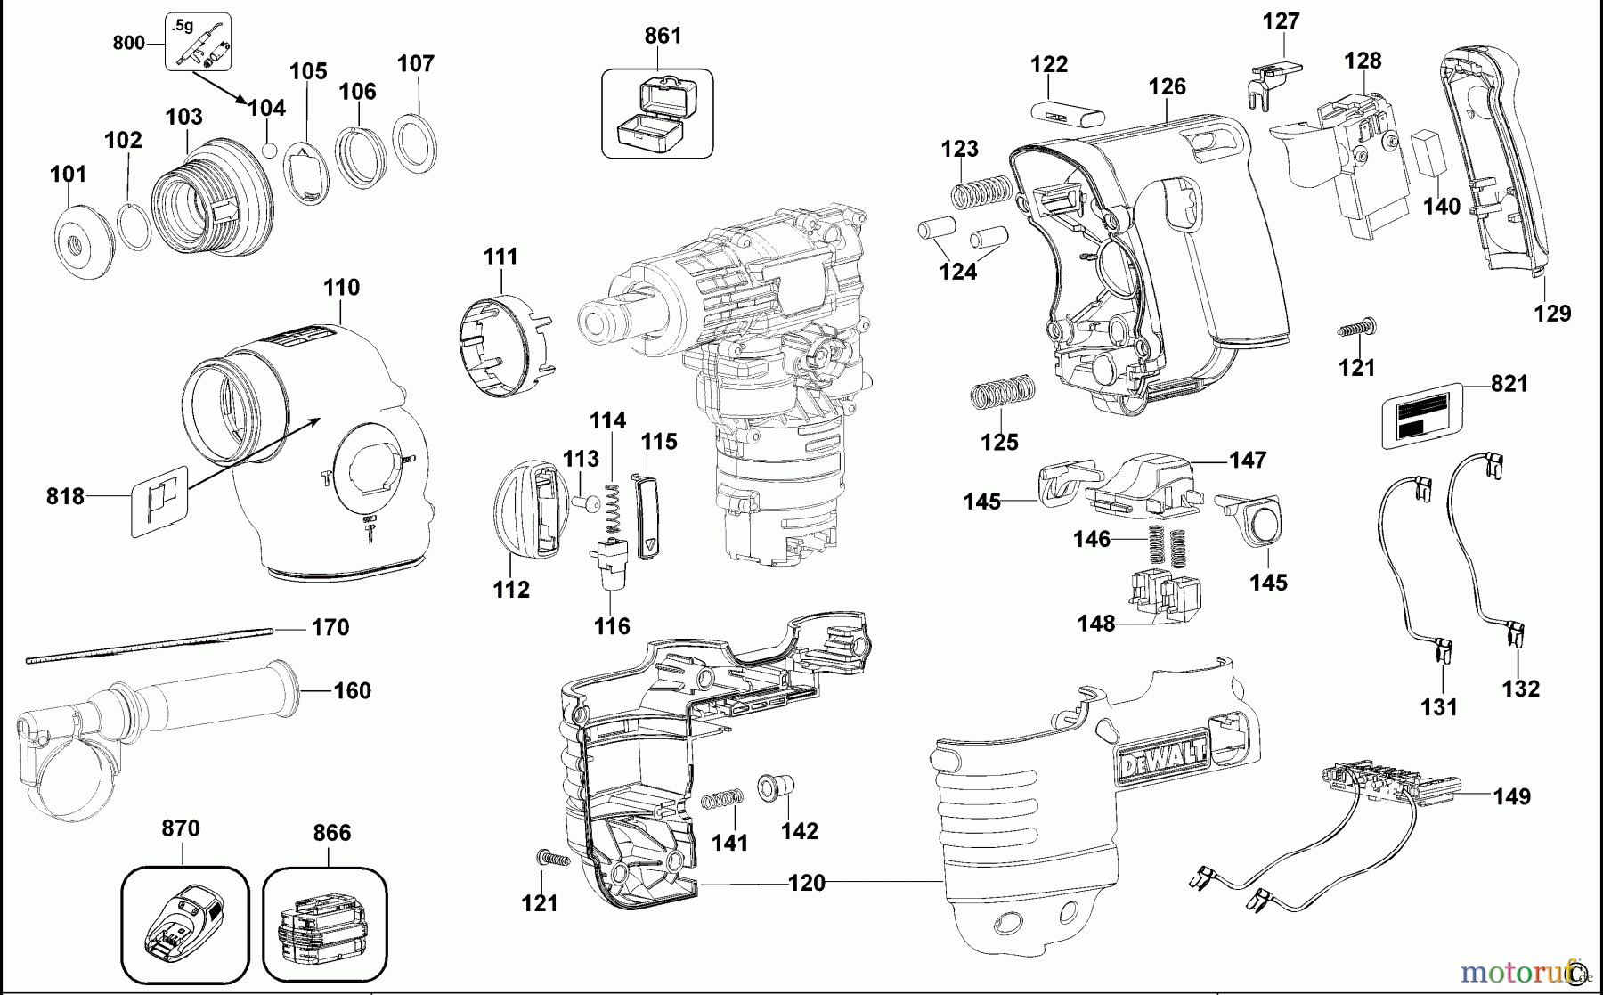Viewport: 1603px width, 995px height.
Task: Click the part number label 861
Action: tap(663, 36)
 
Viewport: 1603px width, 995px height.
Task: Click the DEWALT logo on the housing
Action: tap(1163, 756)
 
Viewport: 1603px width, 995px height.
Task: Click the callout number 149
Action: tap(1511, 796)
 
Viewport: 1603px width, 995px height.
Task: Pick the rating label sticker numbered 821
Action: tap(1422, 416)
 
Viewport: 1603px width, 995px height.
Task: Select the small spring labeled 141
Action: tap(722, 799)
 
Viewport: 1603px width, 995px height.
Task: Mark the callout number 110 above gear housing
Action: tap(341, 288)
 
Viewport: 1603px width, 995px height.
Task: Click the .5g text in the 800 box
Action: tap(183, 26)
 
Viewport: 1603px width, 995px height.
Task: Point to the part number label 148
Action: tap(1095, 624)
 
